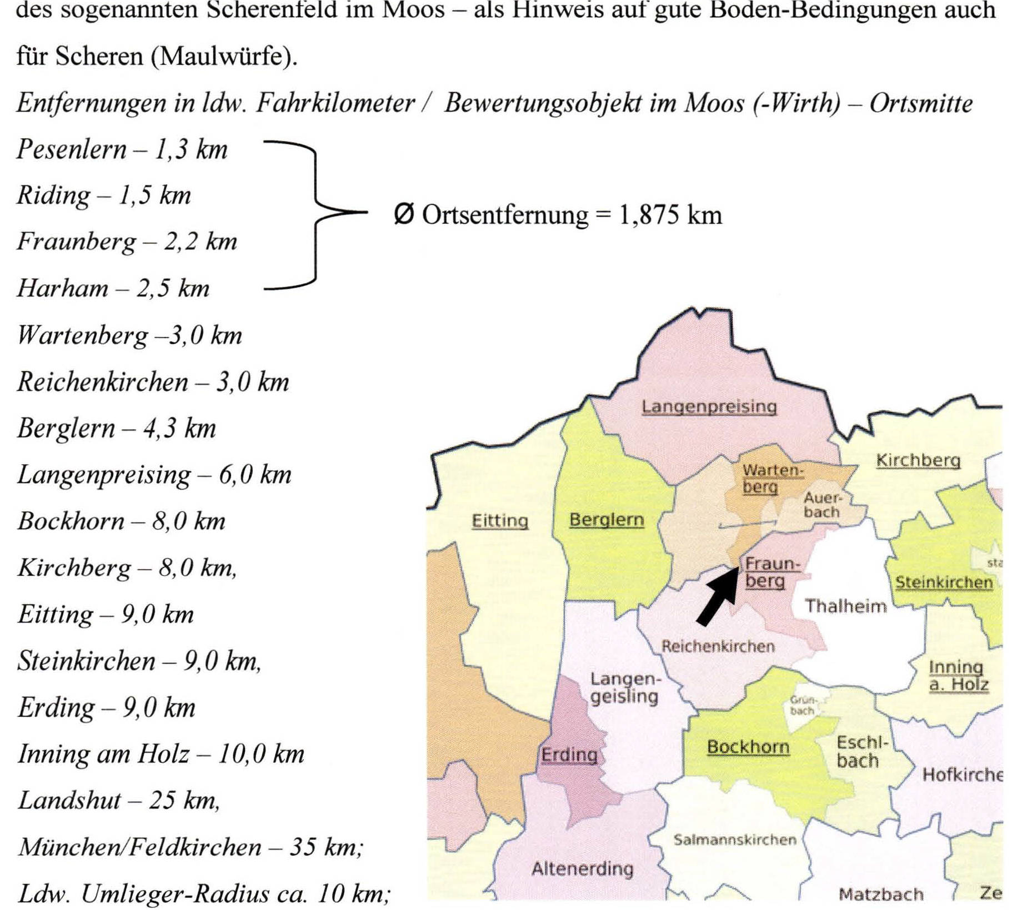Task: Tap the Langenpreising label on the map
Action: (709, 406)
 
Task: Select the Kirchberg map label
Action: (918, 460)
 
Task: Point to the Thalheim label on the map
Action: (845, 606)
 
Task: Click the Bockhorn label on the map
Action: (748, 747)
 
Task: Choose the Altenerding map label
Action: (582, 868)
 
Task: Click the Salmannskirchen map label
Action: (735, 840)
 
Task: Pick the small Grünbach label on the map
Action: (802, 706)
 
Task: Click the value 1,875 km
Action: (670, 215)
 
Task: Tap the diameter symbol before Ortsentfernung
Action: (404, 215)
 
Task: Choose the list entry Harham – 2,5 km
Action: (113, 288)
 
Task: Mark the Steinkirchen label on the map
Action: (943, 582)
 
